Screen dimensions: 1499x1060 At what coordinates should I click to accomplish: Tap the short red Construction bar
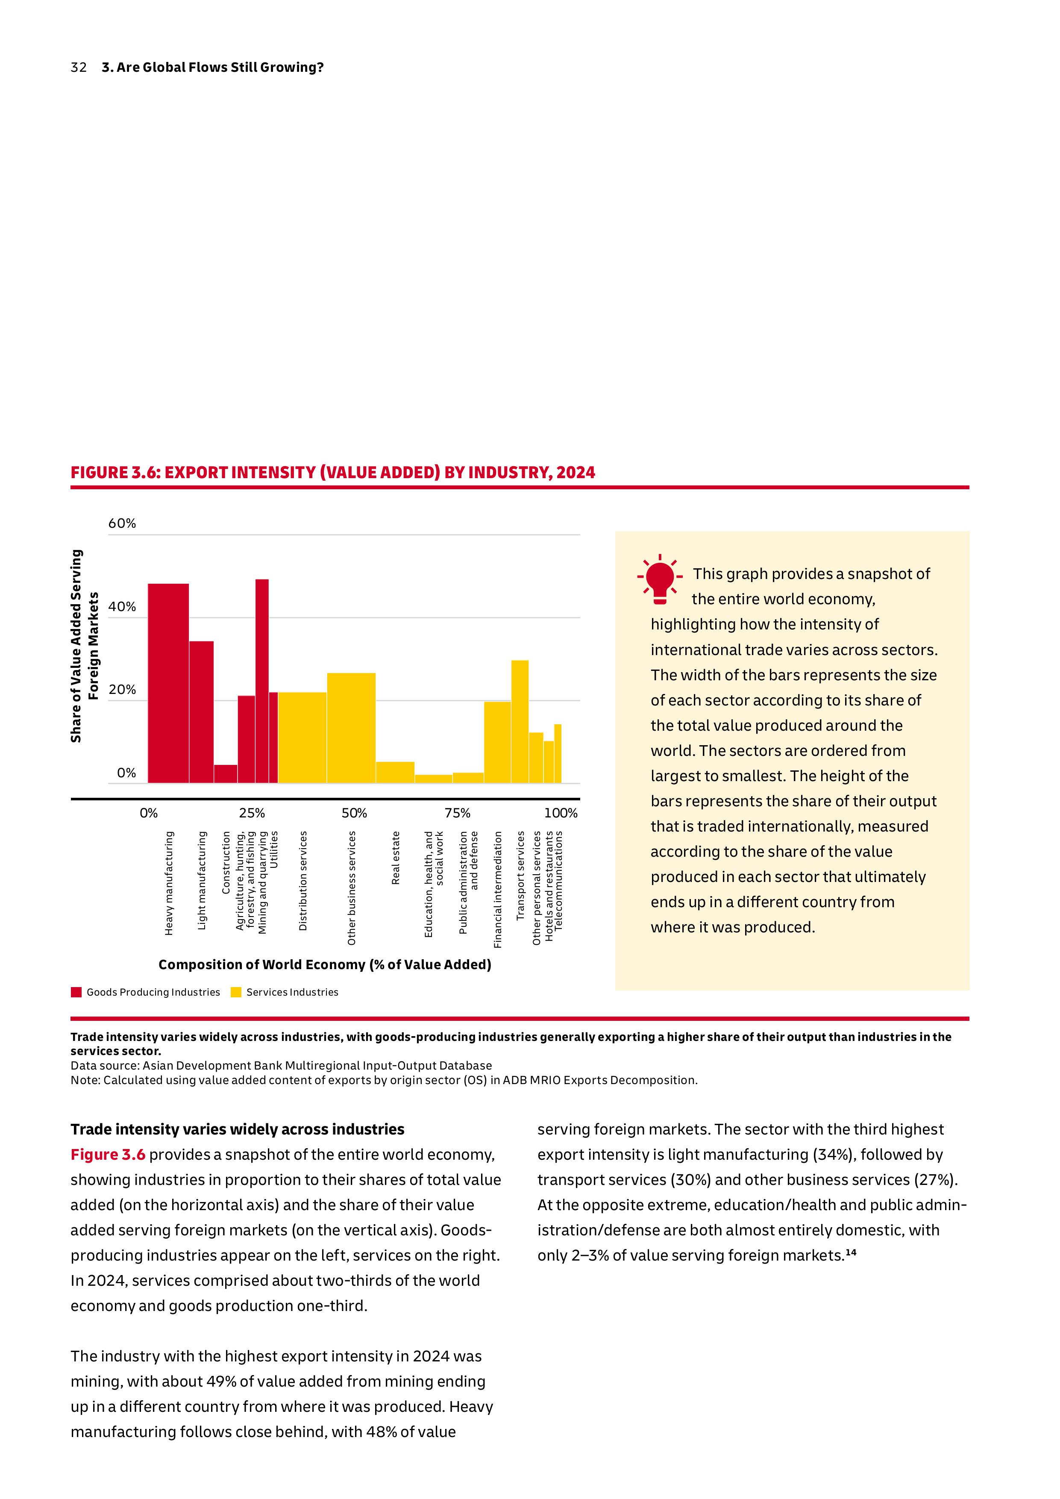(226, 774)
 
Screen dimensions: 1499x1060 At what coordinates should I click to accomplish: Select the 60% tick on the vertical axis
(122, 523)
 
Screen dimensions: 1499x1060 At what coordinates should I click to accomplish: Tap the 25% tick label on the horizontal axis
(252, 813)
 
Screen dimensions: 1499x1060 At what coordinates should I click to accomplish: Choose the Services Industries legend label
(292, 992)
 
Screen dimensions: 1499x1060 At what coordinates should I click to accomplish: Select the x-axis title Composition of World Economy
(324, 965)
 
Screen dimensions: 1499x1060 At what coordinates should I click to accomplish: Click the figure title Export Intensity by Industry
(333, 473)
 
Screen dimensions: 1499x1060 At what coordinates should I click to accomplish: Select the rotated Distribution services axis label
(303, 881)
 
